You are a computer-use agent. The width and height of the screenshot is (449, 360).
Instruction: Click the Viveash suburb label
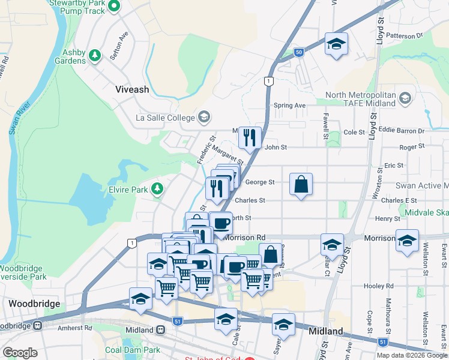point(131,89)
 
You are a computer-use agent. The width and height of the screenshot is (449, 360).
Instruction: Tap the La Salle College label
point(165,117)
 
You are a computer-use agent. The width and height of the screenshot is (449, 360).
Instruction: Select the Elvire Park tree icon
point(157,190)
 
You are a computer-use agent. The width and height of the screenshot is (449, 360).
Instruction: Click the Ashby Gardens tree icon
point(94,55)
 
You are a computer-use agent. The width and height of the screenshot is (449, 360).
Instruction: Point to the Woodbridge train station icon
point(37,326)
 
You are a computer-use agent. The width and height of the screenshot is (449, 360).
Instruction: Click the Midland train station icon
point(161,329)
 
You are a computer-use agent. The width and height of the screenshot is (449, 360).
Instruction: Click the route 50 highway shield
point(298,53)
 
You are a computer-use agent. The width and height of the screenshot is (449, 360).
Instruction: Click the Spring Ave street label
point(290,106)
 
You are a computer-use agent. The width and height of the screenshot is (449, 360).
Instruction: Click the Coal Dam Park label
point(133,350)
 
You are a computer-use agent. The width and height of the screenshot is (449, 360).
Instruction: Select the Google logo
point(20,353)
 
